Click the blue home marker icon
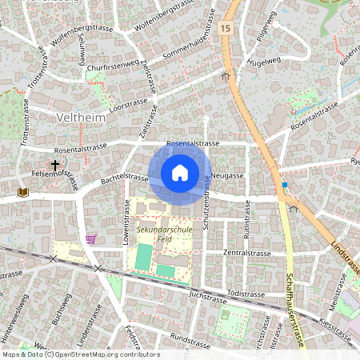180,173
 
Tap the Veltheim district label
82,118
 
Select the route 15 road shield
226,29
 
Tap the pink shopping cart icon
91,238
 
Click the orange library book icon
22,192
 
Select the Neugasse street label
228,174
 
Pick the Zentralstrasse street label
246,253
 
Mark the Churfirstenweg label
113,68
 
